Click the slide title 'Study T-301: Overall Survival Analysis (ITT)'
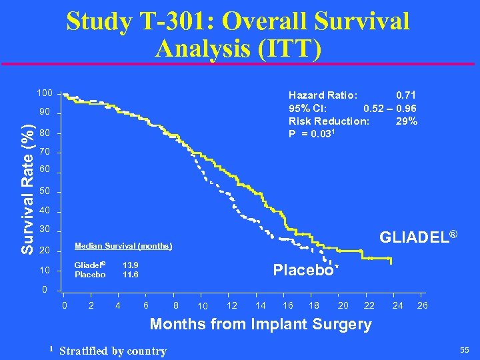[x=238, y=33]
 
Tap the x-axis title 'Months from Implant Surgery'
[x=261, y=324]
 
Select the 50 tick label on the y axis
[x=44, y=193]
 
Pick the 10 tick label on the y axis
[x=44, y=271]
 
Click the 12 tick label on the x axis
[x=232, y=305]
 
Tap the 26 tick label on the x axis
[x=423, y=305]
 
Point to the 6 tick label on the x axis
[x=145, y=305]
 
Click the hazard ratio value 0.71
[x=406, y=95]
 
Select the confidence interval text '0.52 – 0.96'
[x=390, y=108]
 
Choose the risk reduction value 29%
[x=407, y=121]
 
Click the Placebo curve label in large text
[x=303, y=270]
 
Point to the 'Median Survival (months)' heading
[x=123, y=245]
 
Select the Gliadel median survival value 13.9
[x=131, y=265]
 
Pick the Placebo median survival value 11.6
[x=131, y=274]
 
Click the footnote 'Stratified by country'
[x=113, y=351]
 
